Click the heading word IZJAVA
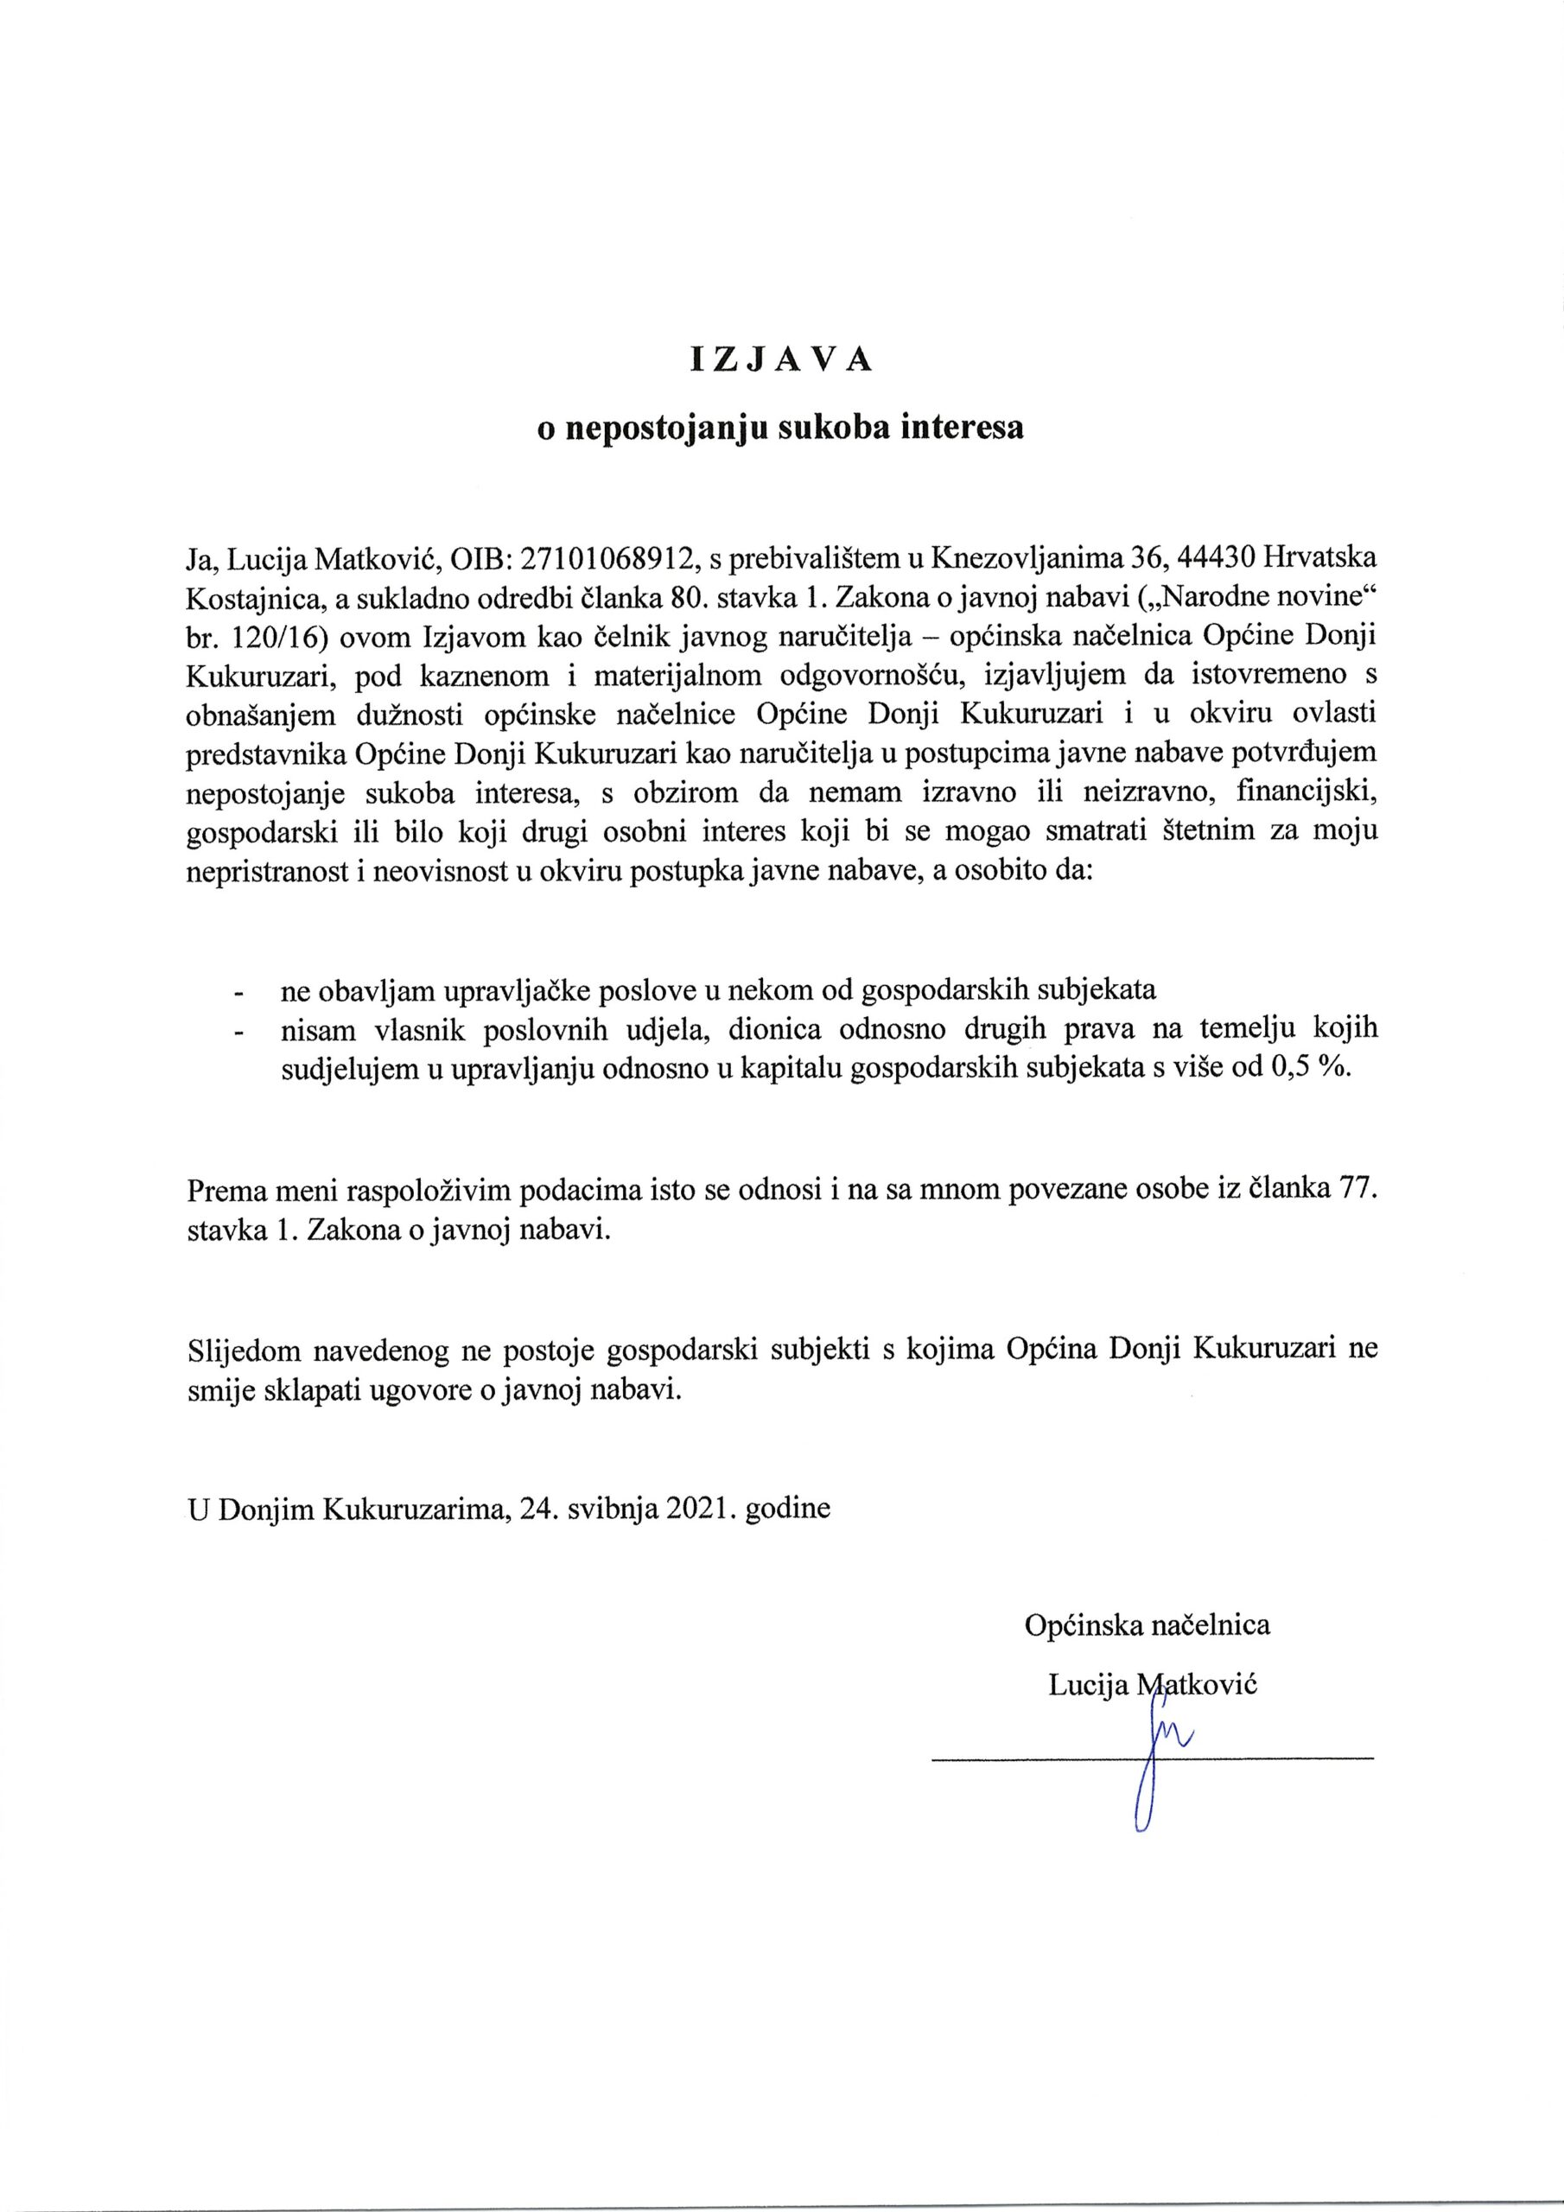[x=780, y=359]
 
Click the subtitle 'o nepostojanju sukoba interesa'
[x=780, y=428]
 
